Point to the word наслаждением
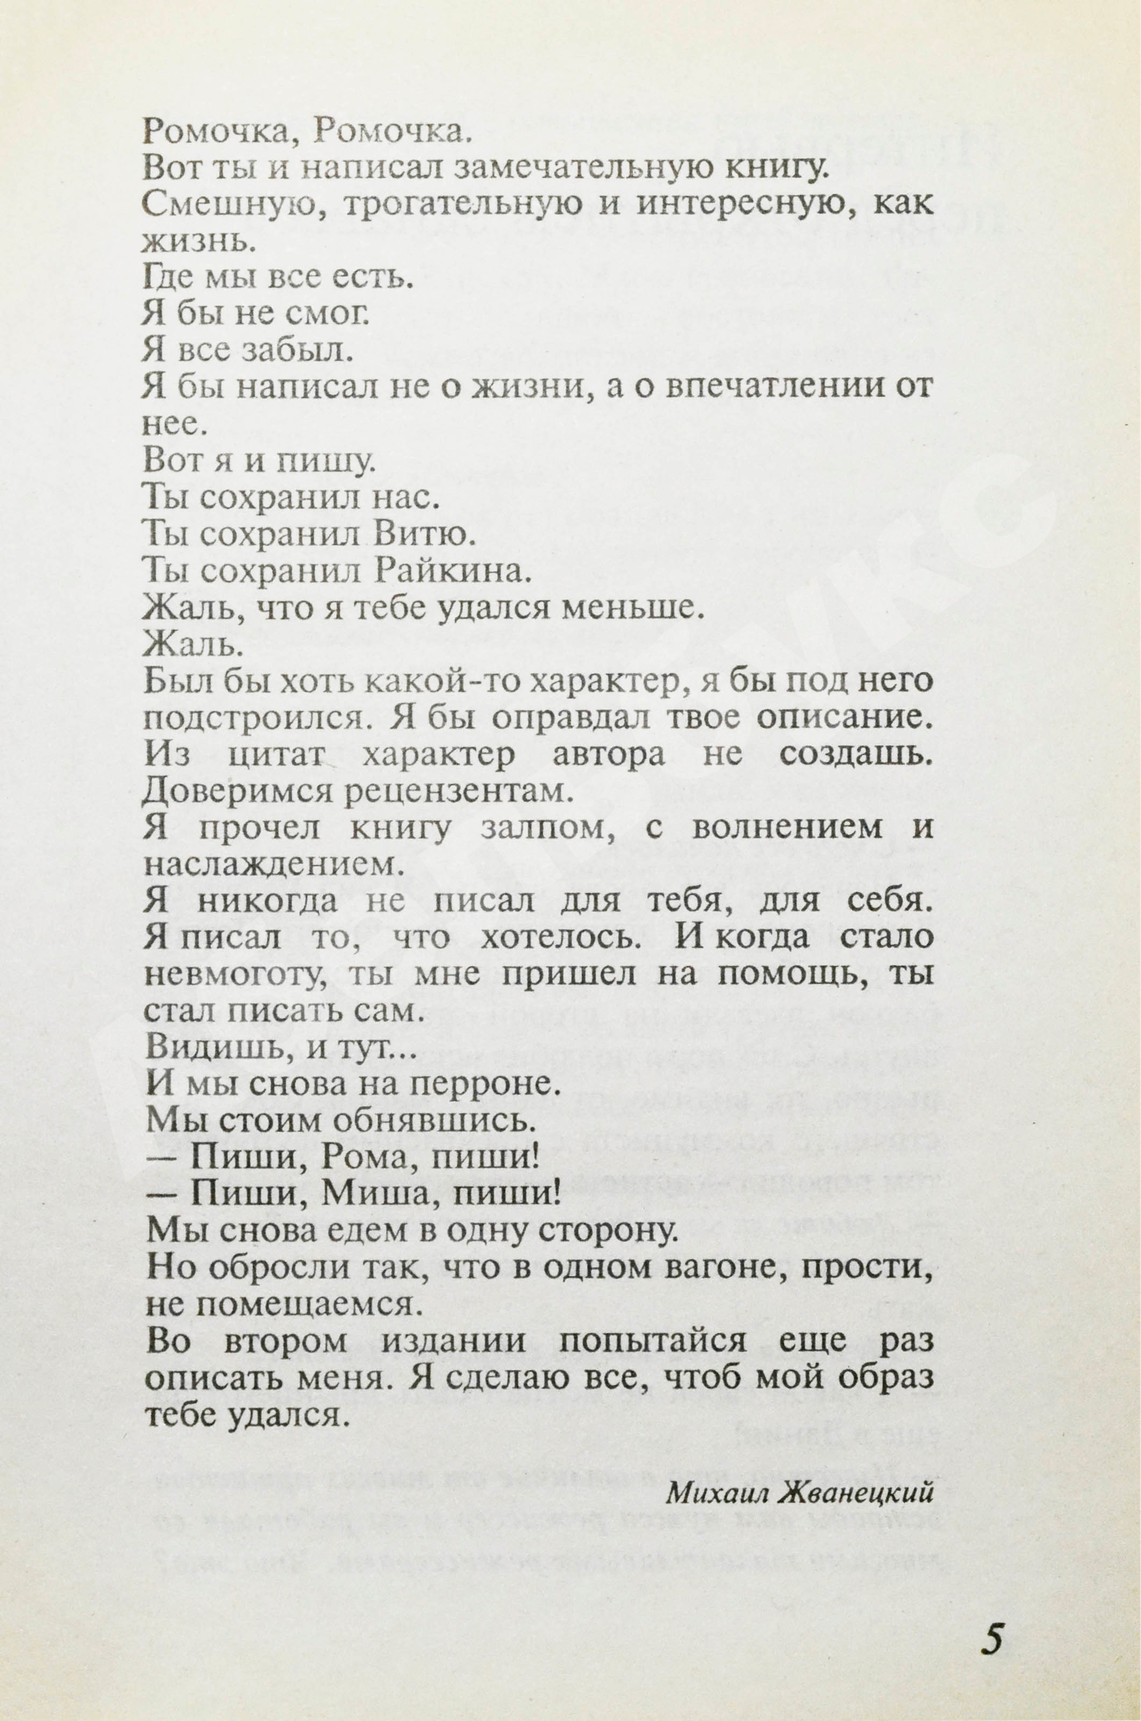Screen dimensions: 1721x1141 (x=273, y=863)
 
